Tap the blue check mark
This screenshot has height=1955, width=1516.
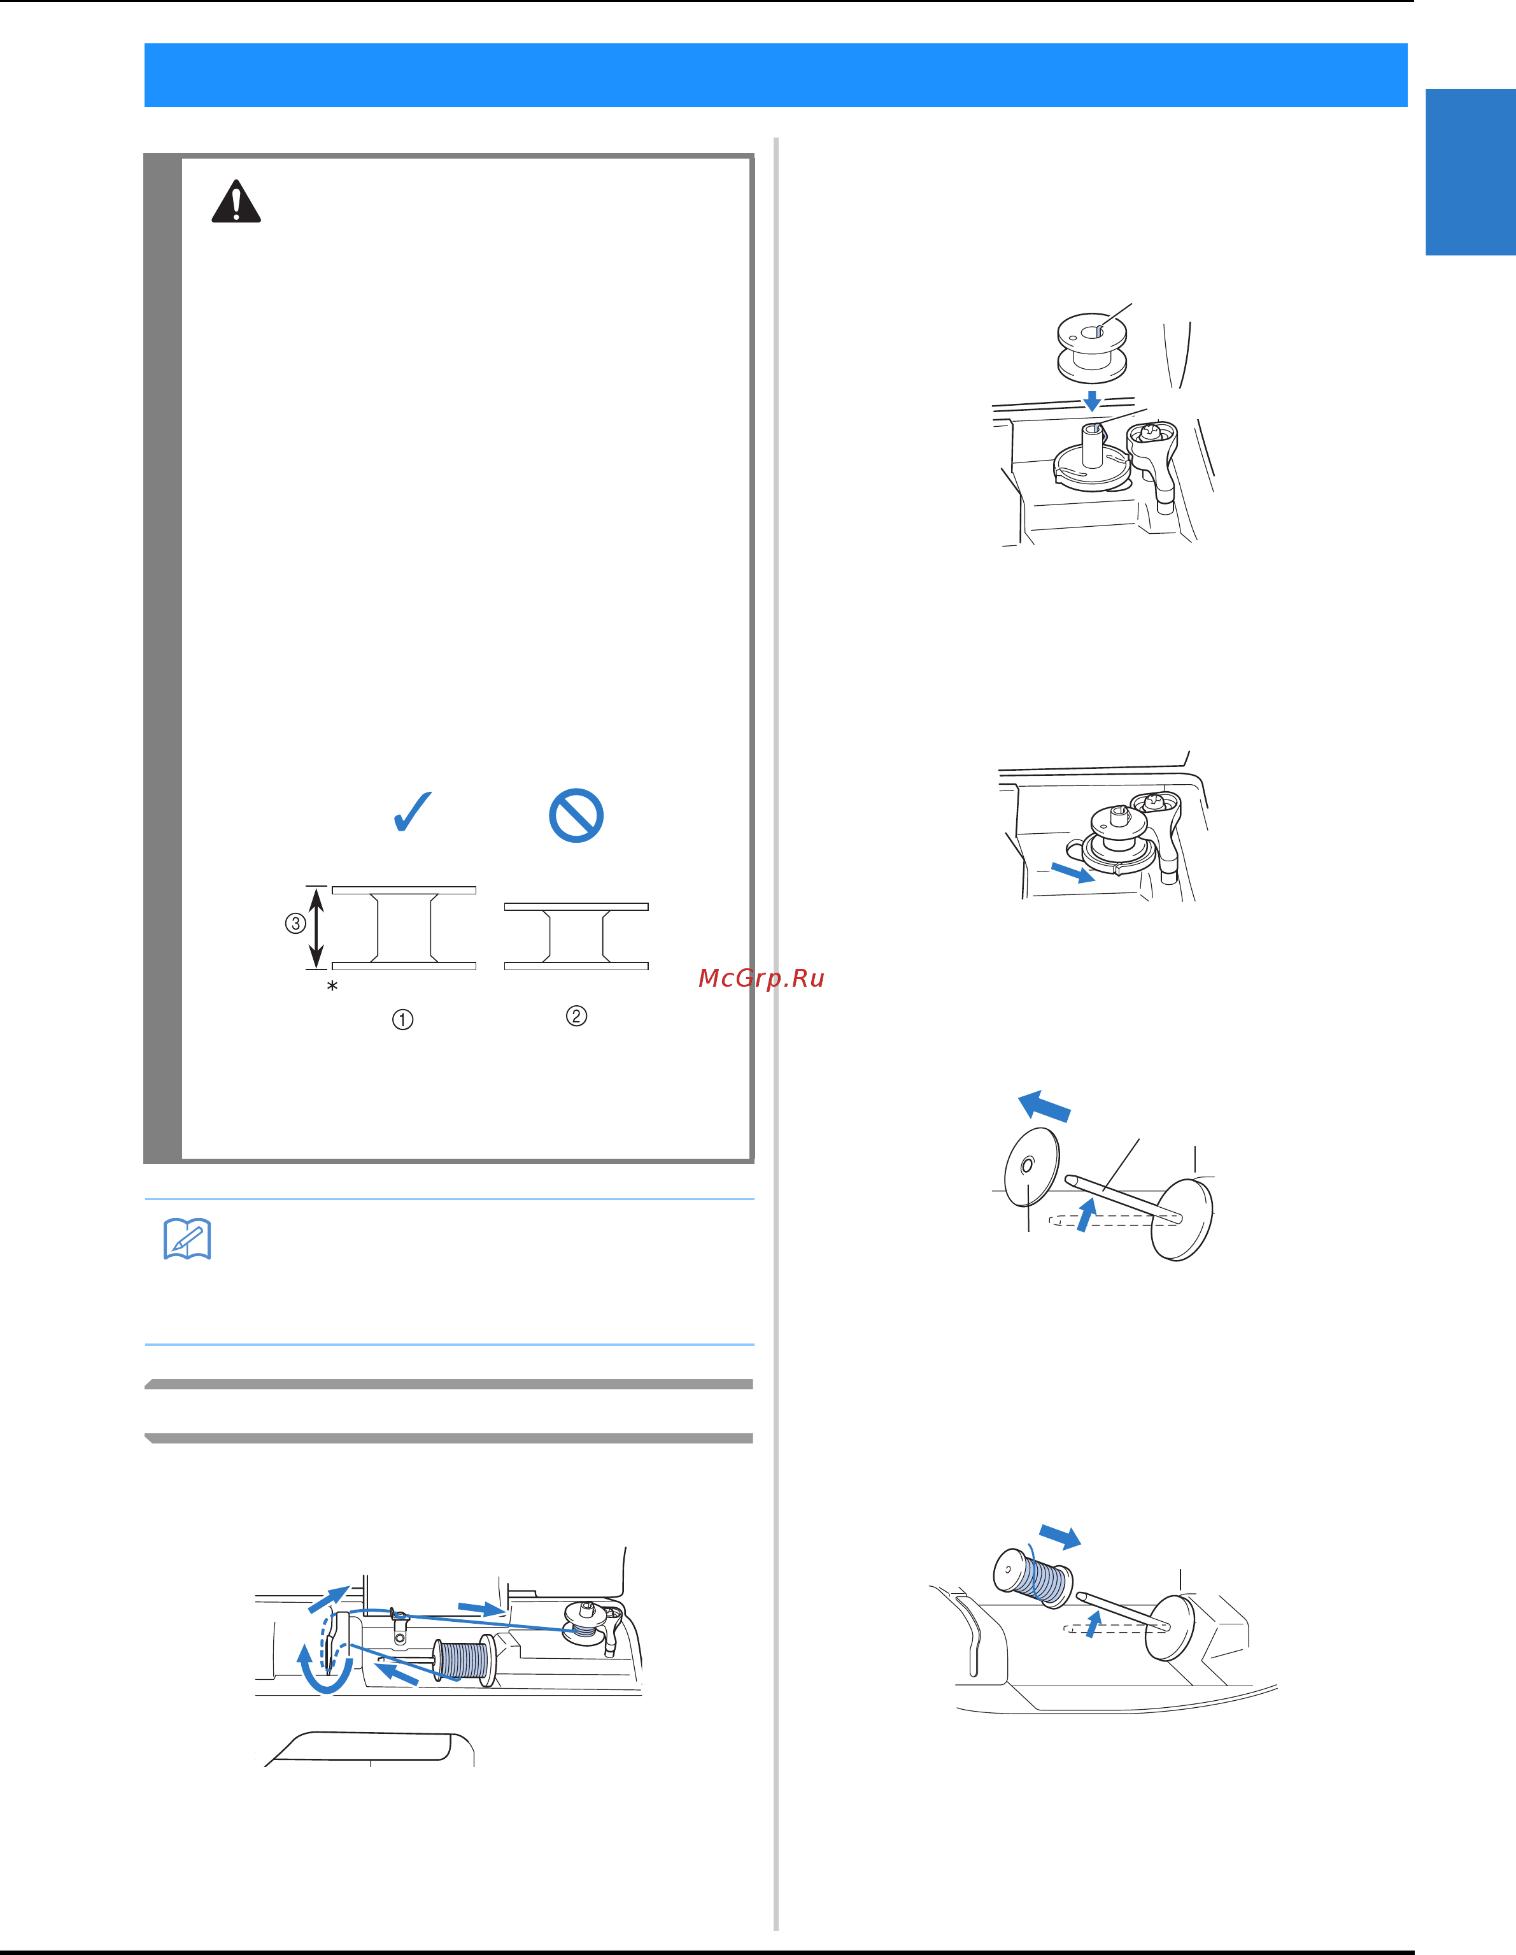(x=413, y=812)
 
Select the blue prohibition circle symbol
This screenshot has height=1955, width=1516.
(x=576, y=815)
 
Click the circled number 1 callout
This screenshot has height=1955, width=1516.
(x=402, y=1020)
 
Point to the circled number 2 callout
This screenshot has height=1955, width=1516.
(x=576, y=1016)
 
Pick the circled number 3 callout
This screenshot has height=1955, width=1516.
(x=295, y=924)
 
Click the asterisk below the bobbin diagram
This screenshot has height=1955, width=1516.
(x=332, y=987)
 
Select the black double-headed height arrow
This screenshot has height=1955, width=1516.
(x=316, y=927)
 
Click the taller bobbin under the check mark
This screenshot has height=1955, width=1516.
(x=404, y=927)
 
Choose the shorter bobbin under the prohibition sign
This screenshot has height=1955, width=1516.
(x=576, y=936)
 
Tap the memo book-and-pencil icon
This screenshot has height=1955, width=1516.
(x=187, y=1239)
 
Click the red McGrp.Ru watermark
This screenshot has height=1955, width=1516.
(x=761, y=978)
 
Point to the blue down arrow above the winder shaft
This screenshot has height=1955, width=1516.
(x=1092, y=400)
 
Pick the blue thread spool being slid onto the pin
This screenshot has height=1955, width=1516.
(x=1033, y=1577)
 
